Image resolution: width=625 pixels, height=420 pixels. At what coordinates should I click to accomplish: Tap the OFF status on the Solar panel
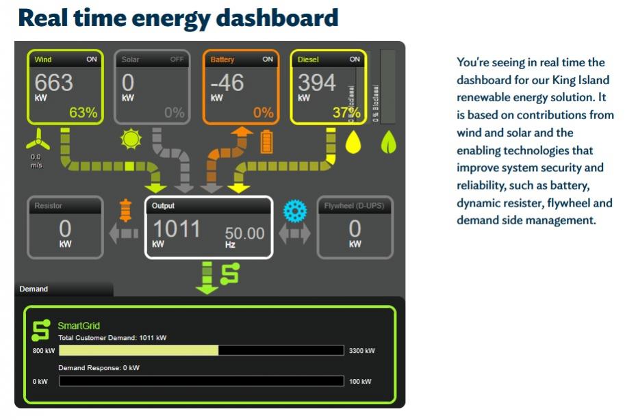[177, 60]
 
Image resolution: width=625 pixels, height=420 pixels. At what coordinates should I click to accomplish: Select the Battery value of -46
[227, 83]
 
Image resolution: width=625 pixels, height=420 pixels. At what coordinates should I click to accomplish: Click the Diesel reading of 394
[316, 83]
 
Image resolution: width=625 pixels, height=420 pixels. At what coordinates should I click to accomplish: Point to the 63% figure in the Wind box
[83, 113]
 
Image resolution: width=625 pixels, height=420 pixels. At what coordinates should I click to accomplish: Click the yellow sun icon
[129, 140]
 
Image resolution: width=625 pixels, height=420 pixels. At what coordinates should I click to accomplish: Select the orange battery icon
[266, 142]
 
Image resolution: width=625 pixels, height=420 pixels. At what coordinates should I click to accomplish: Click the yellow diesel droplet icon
[353, 142]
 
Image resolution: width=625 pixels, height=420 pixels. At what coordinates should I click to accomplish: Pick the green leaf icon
[389, 142]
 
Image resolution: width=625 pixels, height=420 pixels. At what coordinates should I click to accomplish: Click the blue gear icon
[294, 211]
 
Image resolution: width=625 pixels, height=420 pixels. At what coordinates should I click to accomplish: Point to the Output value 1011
[177, 229]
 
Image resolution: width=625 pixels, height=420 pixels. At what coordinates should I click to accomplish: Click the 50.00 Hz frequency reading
[244, 234]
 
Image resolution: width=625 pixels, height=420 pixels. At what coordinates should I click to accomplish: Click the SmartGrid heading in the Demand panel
[79, 326]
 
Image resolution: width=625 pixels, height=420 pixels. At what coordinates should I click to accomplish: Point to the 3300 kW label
[361, 351]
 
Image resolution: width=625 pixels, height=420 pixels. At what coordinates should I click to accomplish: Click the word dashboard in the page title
[277, 17]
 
